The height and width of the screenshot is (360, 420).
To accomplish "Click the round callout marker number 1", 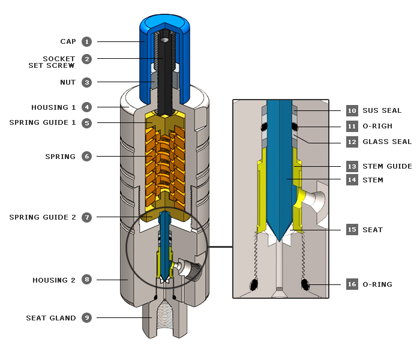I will (87, 41).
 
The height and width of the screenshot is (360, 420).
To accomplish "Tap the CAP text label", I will (68, 41).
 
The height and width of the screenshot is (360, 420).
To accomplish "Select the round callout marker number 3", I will (87, 82).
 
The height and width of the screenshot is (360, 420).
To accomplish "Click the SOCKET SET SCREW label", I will (51, 62).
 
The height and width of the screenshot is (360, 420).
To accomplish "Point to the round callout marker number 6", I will (87, 157).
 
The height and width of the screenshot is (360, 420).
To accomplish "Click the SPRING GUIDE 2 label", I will (43, 217).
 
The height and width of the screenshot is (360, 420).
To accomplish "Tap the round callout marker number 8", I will (87, 280).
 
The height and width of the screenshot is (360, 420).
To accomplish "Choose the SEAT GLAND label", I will (51, 318).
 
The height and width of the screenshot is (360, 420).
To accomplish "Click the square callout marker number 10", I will (352, 110).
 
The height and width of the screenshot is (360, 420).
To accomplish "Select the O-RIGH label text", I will (377, 126).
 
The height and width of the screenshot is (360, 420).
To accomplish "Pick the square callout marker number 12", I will (352, 142).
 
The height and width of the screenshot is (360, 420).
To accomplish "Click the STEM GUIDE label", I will (387, 166).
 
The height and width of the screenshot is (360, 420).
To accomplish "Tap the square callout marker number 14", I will (352, 180).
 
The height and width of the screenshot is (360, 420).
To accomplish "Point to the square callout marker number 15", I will (352, 230).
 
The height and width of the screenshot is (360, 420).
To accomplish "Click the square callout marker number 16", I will (352, 284).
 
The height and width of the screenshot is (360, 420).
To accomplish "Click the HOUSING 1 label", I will (54, 107).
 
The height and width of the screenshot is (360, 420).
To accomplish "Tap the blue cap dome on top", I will (164, 24).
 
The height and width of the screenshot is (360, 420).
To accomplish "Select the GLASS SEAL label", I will (387, 142).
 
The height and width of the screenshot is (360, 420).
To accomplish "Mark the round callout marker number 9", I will (87, 318).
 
